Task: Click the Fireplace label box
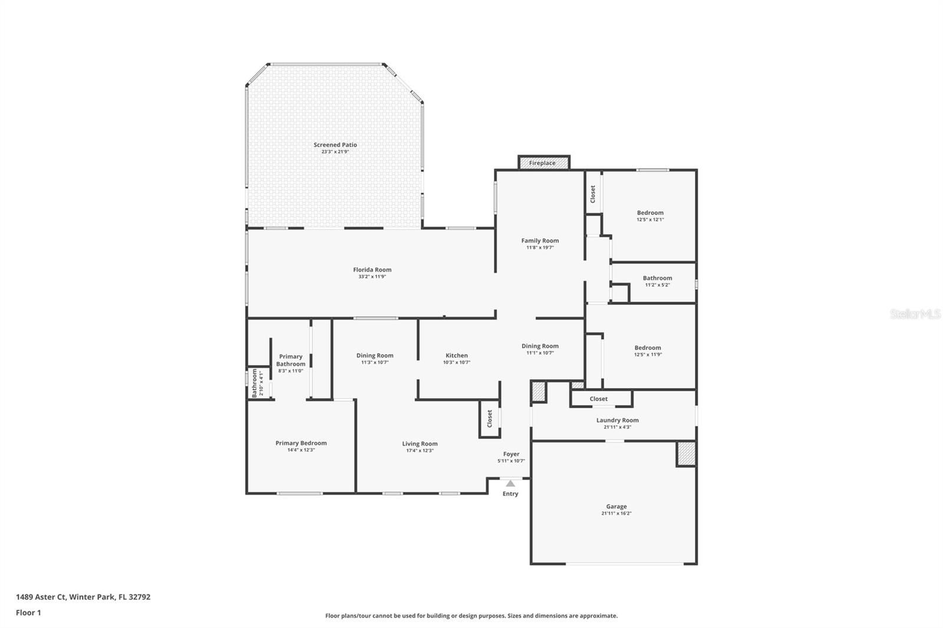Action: point(543,163)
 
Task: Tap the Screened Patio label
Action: point(335,145)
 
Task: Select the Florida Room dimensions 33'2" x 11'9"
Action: point(372,277)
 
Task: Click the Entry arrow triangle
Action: point(510,483)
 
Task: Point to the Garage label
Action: point(616,507)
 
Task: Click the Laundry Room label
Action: point(617,421)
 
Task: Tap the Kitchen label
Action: point(456,356)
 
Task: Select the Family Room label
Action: point(540,241)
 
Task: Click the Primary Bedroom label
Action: point(301,444)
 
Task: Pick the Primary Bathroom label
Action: point(291,360)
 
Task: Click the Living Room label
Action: point(420,444)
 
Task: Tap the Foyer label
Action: point(511,454)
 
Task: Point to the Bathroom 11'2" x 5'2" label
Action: point(657,278)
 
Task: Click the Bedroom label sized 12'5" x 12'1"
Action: point(650,213)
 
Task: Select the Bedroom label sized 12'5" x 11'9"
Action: point(648,348)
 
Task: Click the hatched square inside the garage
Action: point(685,453)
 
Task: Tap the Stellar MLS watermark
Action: point(915,315)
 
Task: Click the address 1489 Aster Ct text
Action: point(83,597)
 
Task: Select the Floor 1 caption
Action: point(28,613)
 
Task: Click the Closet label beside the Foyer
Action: point(489,419)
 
